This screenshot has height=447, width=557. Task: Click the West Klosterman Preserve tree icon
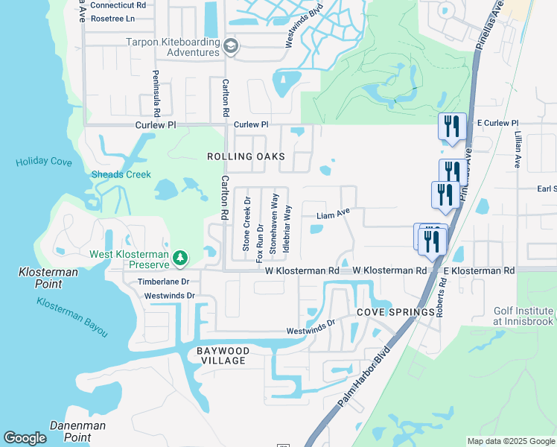tap(179, 258)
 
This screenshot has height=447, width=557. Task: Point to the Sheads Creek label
tap(121, 175)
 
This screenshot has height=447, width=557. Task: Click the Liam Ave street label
tap(333, 215)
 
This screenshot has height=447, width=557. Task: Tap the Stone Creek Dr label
tap(246, 223)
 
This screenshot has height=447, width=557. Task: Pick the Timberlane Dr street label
tap(164, 282)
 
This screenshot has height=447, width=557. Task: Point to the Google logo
tap(25, 438)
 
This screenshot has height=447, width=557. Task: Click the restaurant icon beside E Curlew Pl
tap(452, 126)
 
